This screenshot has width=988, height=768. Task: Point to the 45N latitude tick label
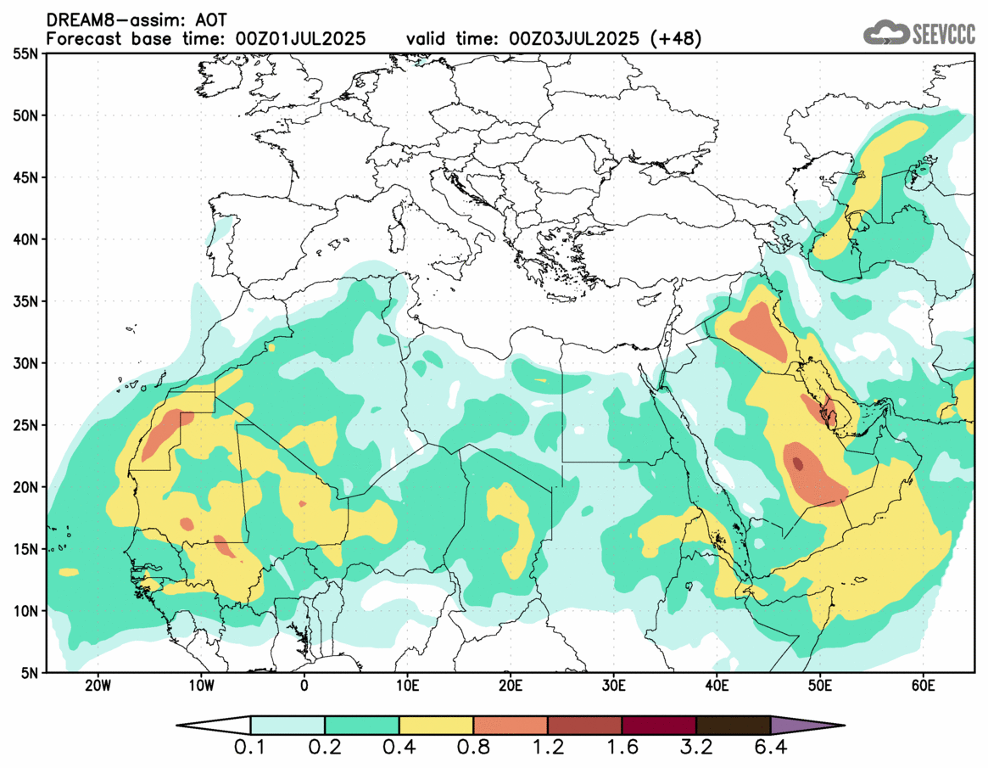point(27,177)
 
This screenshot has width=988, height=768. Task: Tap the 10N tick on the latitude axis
point(27,611)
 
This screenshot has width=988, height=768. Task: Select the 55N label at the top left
point(27,53)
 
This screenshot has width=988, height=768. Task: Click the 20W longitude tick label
point(98,685)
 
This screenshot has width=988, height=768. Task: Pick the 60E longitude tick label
point(923,685)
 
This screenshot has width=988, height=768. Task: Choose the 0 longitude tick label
point(304,685)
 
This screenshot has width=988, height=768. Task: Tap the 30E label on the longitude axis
point(614,685)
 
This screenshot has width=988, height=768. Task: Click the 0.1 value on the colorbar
point(251,749)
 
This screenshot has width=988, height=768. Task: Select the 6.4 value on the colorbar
point(770,749)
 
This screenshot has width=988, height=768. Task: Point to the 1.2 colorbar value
point(548,749)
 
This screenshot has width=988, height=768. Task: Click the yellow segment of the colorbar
point(436,726)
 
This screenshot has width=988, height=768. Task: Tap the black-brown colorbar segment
point(733,726)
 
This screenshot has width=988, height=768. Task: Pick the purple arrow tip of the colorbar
point(806,726)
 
